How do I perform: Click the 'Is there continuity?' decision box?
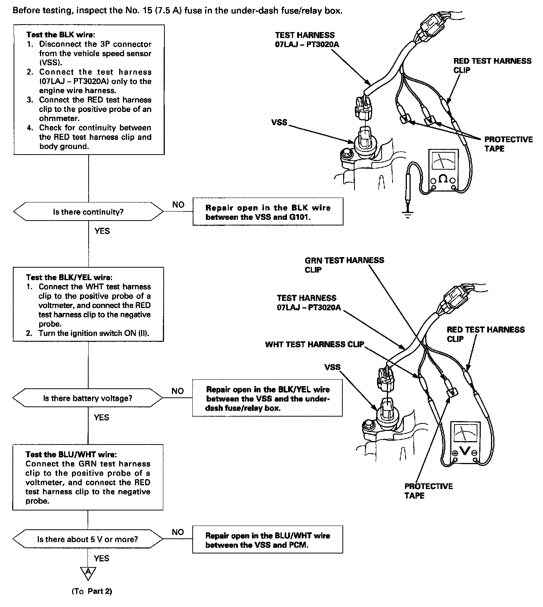click(x=88, y=212)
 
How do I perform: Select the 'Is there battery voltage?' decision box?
click(x=88, y=398)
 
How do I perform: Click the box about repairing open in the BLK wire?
click(x=268, y=212)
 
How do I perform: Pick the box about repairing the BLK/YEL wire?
click(x=267, y=399)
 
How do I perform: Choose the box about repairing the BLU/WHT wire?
click(x=267, y=540)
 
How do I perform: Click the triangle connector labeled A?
click(x=88, y=573)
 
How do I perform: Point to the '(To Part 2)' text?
click(x=92, y=591)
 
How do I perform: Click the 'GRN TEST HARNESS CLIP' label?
click(x=344, y=265)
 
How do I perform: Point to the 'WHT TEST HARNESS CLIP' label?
click(x=314, y=344)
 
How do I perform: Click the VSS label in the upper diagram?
click(x=279, y=123)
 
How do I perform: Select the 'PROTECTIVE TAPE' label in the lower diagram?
click(x=428, y=491)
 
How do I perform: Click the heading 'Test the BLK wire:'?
click(x=61, y=35)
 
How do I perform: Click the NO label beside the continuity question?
click(x=178, y=204)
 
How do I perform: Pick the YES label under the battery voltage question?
click(x=101, y=417)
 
